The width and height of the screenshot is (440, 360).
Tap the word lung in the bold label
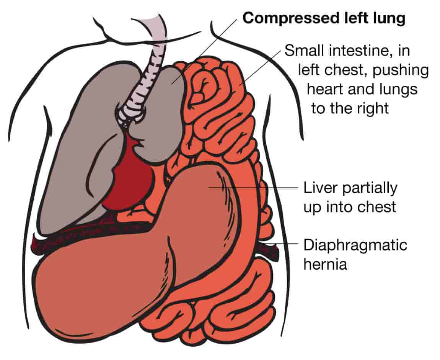390,18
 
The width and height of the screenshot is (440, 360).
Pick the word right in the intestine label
370,108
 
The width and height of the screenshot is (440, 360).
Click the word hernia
325,264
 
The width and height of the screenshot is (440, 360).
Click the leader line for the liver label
260,188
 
